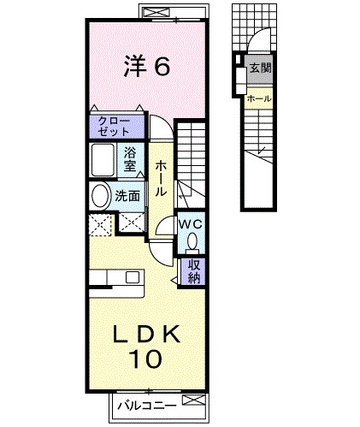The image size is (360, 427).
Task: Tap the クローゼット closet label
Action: pyautogui.click(x=115, y=126)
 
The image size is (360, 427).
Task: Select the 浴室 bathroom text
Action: pyautogui.click(x=130, y=159)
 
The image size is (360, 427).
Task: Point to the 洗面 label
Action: pyautogui.click(x=128, y=195)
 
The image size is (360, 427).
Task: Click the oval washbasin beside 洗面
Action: pyautogui.click(x=101, y=195)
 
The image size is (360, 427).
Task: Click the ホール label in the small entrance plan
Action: pyautogui.click(x=258, y=98)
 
